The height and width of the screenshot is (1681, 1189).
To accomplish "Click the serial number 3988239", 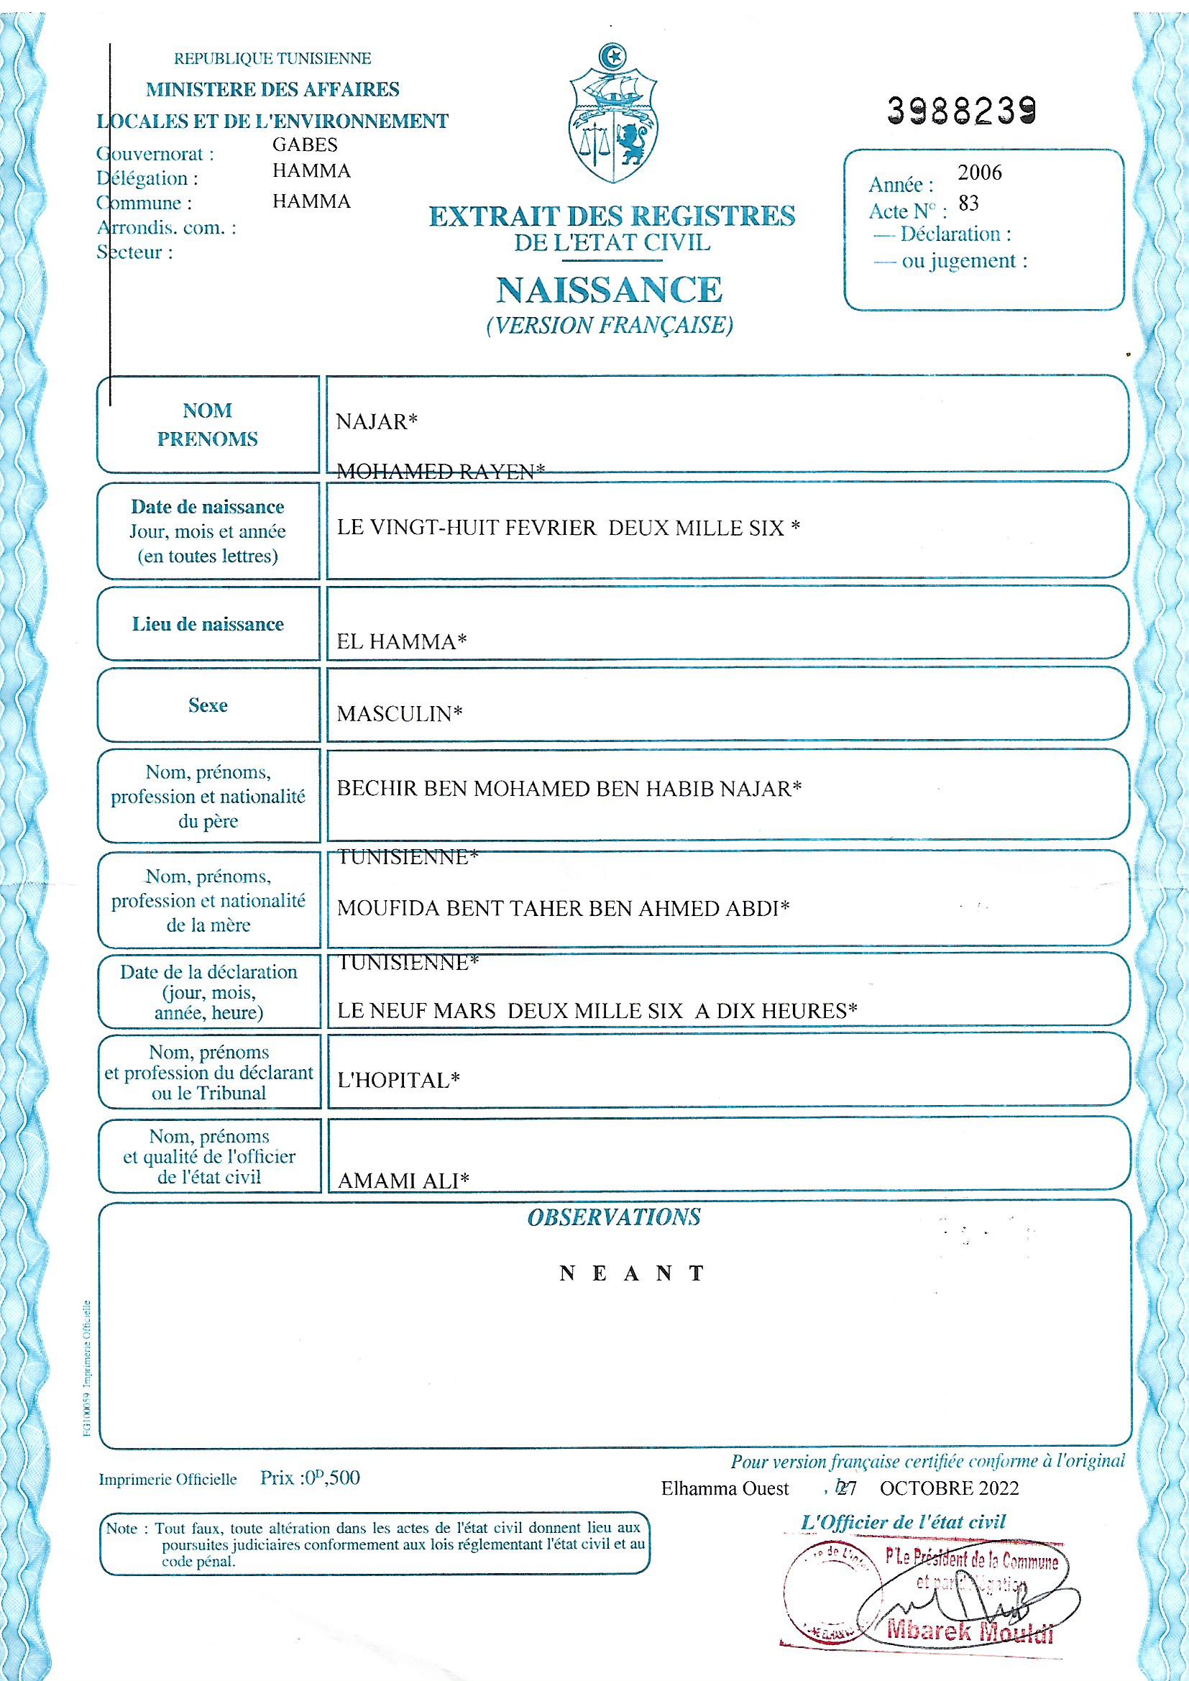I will [962, 110].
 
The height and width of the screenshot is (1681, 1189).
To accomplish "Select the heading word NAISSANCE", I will [609, 290].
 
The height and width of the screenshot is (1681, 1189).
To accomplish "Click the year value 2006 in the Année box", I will [980, 173].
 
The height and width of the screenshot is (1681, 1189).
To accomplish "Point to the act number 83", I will [968, 203].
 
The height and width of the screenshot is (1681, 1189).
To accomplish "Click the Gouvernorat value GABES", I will [305, 145].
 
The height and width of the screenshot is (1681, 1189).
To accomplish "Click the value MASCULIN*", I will [400, 714].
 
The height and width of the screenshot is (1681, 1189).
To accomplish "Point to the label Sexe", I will [208, 705].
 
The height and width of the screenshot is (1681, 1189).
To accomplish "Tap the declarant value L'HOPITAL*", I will [398, 1081].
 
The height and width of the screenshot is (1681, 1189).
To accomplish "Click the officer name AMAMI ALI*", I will [403, 1180].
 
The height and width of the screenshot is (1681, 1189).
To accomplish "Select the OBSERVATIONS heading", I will [613, 1217].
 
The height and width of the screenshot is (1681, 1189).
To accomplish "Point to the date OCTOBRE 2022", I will [949, 1488].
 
